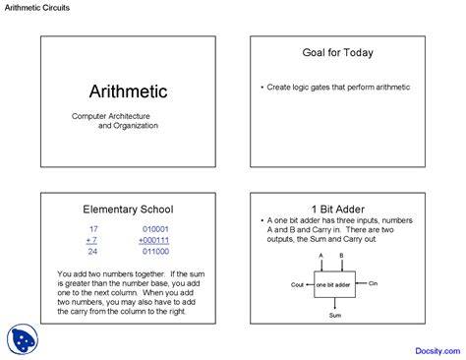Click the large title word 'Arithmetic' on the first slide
(128, 91)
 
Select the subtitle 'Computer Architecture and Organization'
(114, 120)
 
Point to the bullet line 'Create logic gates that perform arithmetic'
(339, 88)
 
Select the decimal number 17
(93, 228)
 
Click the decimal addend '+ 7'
(91, 239)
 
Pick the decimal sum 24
(93, 251)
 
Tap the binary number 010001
(155, 228)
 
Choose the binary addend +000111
(153, 239)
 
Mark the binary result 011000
(155, 251)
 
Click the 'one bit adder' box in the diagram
(334, 283)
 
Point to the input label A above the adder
(320, 254)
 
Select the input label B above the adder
(342, 254)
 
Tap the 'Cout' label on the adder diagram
(298, 283)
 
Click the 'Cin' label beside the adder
(373, 283)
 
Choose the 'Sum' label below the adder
(334, 315)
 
